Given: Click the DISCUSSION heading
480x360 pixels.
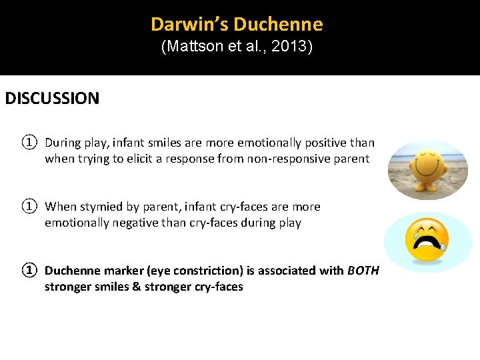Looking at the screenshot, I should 52,99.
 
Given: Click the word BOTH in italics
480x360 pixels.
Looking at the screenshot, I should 363,271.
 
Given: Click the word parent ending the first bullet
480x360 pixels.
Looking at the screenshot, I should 351,159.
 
